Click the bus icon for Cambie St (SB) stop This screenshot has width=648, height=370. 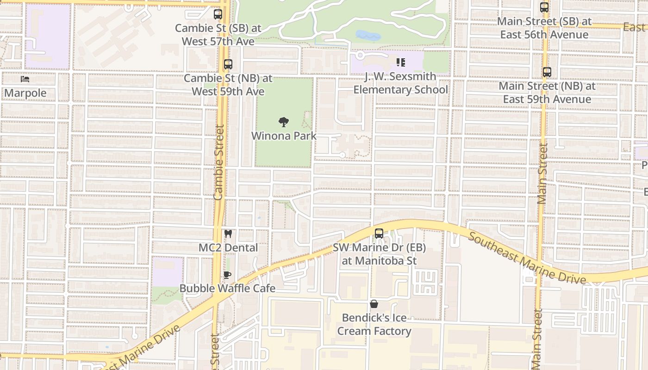pos(218,14)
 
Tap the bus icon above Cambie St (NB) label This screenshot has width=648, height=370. pos(228,64)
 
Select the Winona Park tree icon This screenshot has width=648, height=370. pos(284,122)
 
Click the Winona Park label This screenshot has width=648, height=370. pos(284,136)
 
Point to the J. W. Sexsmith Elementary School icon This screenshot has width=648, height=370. pos(401,62)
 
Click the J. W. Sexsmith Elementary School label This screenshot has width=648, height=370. pos(401,83)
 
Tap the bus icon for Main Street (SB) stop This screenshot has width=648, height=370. pos(544,7)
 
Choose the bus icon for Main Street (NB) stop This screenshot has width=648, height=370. pos(547,72)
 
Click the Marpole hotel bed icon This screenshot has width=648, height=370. pos(25,79)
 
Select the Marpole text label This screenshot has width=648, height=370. pos(25,93)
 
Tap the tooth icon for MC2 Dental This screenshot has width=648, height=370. pos(228,234)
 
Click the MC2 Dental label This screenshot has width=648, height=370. pos(228,248)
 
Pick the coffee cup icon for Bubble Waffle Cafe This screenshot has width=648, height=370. pos(227,275)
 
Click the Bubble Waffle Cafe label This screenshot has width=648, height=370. pos(227,289)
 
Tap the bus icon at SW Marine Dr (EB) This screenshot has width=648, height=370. pos(379,234)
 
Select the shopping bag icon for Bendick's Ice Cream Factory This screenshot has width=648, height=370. pos(374,304)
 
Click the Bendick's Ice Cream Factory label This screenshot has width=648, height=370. pos(374,324)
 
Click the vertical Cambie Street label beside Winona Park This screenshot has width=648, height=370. pos(218,162)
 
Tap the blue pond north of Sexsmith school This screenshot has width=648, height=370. pos(368,35)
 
